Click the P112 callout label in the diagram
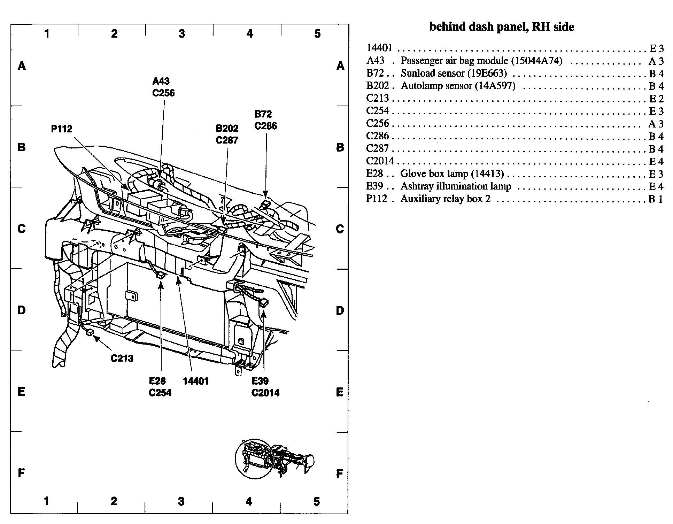[x=62, y=129]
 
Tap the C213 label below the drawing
[x=122, y=358]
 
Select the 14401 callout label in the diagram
[x=195, y=381]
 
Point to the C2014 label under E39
[x=265, y=393]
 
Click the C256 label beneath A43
[x=163, y=93]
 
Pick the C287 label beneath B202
[x=227, y=140]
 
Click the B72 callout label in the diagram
[x=263, y=114]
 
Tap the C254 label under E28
[x=160, y=393]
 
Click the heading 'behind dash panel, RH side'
[x=502, y=27]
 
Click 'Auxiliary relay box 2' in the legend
[x=445, y=199]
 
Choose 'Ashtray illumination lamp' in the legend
[x=456, y=186]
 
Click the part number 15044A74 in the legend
[x=537, y=61]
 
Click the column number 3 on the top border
[x=182, y=34]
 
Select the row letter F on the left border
[x=21, y=473]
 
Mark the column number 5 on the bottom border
[x=316, y=502]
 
